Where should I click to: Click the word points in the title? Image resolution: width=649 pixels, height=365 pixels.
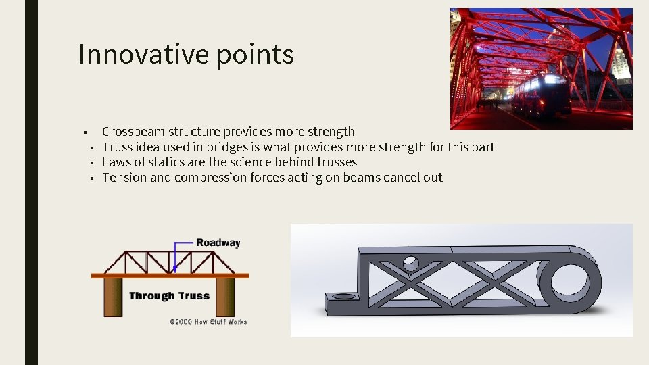pyautogui.click(x=256, y=55)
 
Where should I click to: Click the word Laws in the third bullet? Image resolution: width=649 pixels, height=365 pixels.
pyautogui.click(x=116, y=162)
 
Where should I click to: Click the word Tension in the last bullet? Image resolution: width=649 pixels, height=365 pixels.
pyautogui.click(x=124, y=178)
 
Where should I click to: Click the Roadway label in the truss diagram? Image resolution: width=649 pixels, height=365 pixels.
pyautogui.click(x=218, y=242)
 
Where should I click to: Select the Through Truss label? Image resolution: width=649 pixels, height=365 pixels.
pyautogui.click(x=169, y=295)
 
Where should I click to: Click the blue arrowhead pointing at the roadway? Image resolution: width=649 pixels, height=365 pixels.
pyautogui.click(x=174, y=268)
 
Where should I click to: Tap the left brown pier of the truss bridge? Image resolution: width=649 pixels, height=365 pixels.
pyautogui.click(x=112, y=297)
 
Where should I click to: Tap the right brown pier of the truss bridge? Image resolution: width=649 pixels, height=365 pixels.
pyautogui.click(x=225, y=297)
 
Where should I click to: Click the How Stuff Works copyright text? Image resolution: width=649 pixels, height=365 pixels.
pyautogui.click(x=208, y=322)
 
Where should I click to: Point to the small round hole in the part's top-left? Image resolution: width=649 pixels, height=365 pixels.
pyautogui.click(x=410, y=262)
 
